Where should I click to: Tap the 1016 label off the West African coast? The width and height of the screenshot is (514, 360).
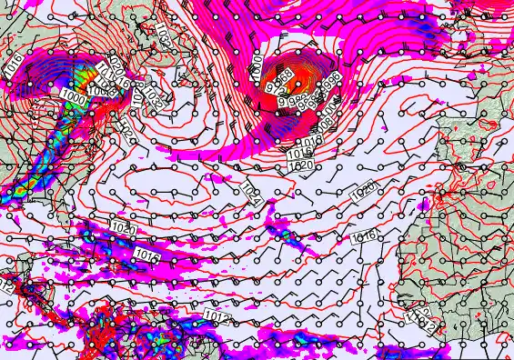pos(363,235)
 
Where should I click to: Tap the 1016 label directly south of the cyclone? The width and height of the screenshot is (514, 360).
pos(310,143)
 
